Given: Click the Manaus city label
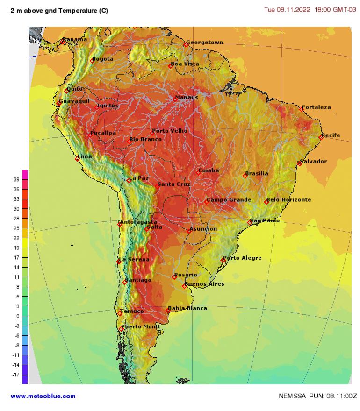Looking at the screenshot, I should point(187,97).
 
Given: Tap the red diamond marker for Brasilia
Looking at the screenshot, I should point(245,176).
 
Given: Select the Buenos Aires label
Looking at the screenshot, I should point(205,284).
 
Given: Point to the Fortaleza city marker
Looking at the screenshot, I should point(302,109).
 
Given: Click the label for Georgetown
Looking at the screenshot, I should point(204,43).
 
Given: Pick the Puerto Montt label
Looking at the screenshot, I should point(141,326).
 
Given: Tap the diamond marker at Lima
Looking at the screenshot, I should point(77,159).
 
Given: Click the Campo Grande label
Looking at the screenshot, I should point(229,200).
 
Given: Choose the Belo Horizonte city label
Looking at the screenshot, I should point(288,199).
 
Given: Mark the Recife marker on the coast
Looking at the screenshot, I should point(321,137).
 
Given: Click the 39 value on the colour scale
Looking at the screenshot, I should point(16,179).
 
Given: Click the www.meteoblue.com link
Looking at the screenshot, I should point(43,396).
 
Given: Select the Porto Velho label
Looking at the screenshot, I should point(170,131).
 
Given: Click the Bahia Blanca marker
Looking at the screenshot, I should point(168,311).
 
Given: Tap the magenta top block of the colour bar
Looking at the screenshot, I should point(25,174).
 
